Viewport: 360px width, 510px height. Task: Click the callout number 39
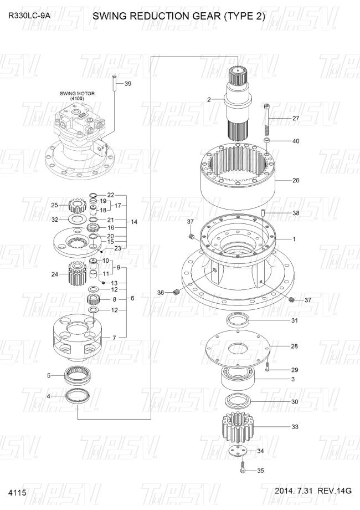(x=128, y=84)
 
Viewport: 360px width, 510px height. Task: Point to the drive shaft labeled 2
(x=239, y=103)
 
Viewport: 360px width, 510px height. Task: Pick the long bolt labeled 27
(x=267, y=119)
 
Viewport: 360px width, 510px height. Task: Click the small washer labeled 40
(x=267, y=140)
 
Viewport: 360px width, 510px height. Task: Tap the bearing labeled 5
(x=78, y=375)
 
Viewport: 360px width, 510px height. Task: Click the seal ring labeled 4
(x=78, y=396)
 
